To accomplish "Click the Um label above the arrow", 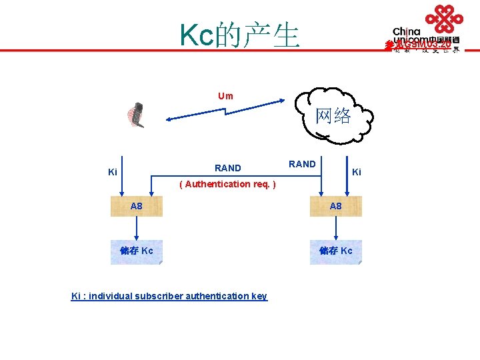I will tap(225, 96).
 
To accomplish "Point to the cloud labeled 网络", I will tap(333, 115).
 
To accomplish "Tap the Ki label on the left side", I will tap(113, 173).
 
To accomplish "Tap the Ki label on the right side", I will tap(357, 172).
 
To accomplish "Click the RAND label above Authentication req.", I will tap(228, 168).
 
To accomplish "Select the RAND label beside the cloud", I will tap(302, 163).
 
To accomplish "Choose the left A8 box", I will tap(136, 207).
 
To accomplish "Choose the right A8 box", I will tap(336, 207).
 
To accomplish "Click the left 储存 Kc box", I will tap(136, 252).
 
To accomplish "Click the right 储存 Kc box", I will tap(336, 252).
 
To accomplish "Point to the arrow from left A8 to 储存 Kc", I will tap(136, 229).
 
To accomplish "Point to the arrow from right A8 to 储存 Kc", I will tap(336, 229).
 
